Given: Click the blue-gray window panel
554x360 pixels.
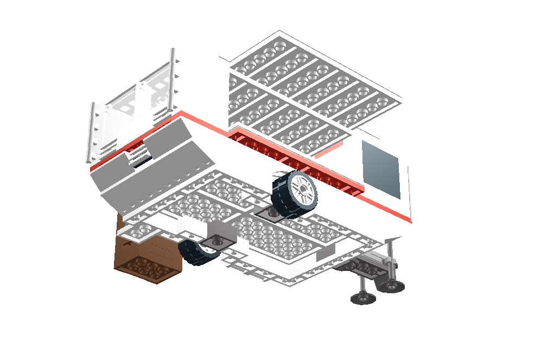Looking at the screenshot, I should [x=381, y=168].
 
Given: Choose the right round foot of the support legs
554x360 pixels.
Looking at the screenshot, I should [x=391, y=287].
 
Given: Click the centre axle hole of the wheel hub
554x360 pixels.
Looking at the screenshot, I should [x=302, y=190].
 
